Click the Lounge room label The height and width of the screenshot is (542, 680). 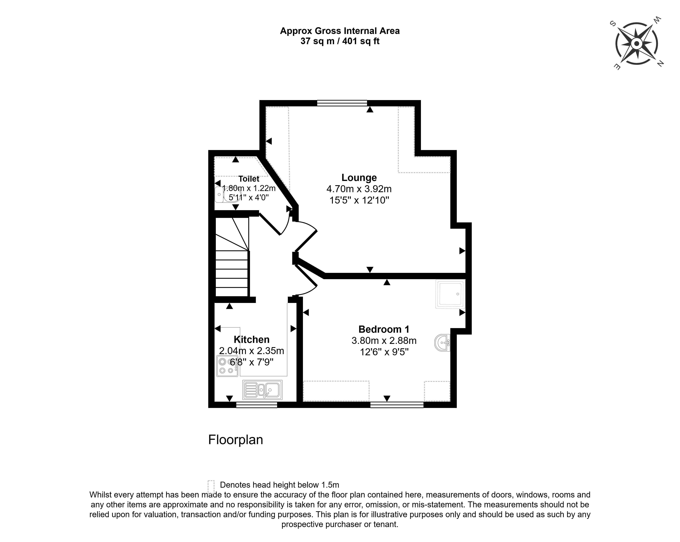(359, 178)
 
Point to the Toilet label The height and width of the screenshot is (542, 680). (249, 179)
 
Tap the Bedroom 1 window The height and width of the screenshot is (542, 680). (397, 405)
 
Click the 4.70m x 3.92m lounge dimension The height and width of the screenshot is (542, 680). (359, 189)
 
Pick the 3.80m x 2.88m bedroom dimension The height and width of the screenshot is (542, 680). (384, 340)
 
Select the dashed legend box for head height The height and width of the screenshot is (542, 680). (211, 486)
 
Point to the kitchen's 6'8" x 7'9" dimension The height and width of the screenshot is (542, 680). (251, 362)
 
